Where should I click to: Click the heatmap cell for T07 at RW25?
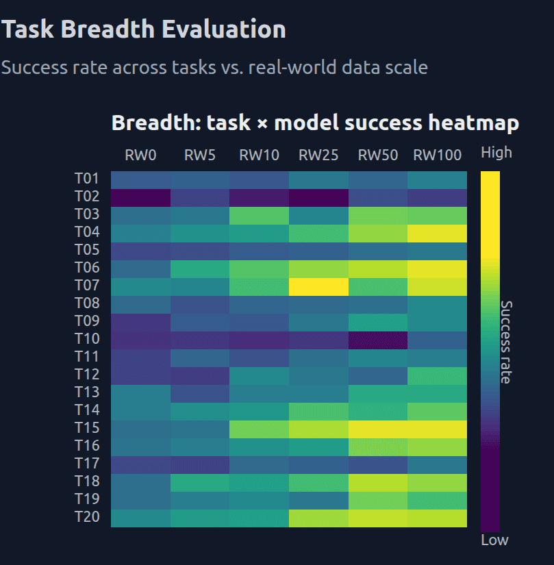pyautogui.click(x=318, y=286)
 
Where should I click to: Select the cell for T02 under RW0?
pyautogui.click(x=140, y=197)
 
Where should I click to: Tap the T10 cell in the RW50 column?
pyautogui.click(x=377, y=339)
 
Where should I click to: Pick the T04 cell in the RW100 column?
pyautogui.click(x=437, y=232)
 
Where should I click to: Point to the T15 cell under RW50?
pyautogui.click(x=377, y=428)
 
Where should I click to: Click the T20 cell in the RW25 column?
pyautogui.click(x=318, y=518)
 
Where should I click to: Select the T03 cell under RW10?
pyautogui.click(x=259, y=214)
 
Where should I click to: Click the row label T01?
pyautogui.click(x=87, y=179)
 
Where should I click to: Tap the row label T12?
pyautogui.click(x=87, y=375)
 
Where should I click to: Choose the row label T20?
pyautogui.click(x=87, y=517)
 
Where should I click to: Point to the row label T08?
pyautogui.click(x=87, y=303)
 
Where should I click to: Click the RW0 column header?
pyautogui.click(x=140, y=155)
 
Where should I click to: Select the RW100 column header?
pyautogui.click(x=437, y=155)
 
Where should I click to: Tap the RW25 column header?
pyautogui.click(x=318, y=155)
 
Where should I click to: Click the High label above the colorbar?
pyautogui.click(x=496, y=153)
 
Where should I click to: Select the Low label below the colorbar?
pyautogui.click(x=494, y=540)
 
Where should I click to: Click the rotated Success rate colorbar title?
pyautogui.click(x=505, y=342)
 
